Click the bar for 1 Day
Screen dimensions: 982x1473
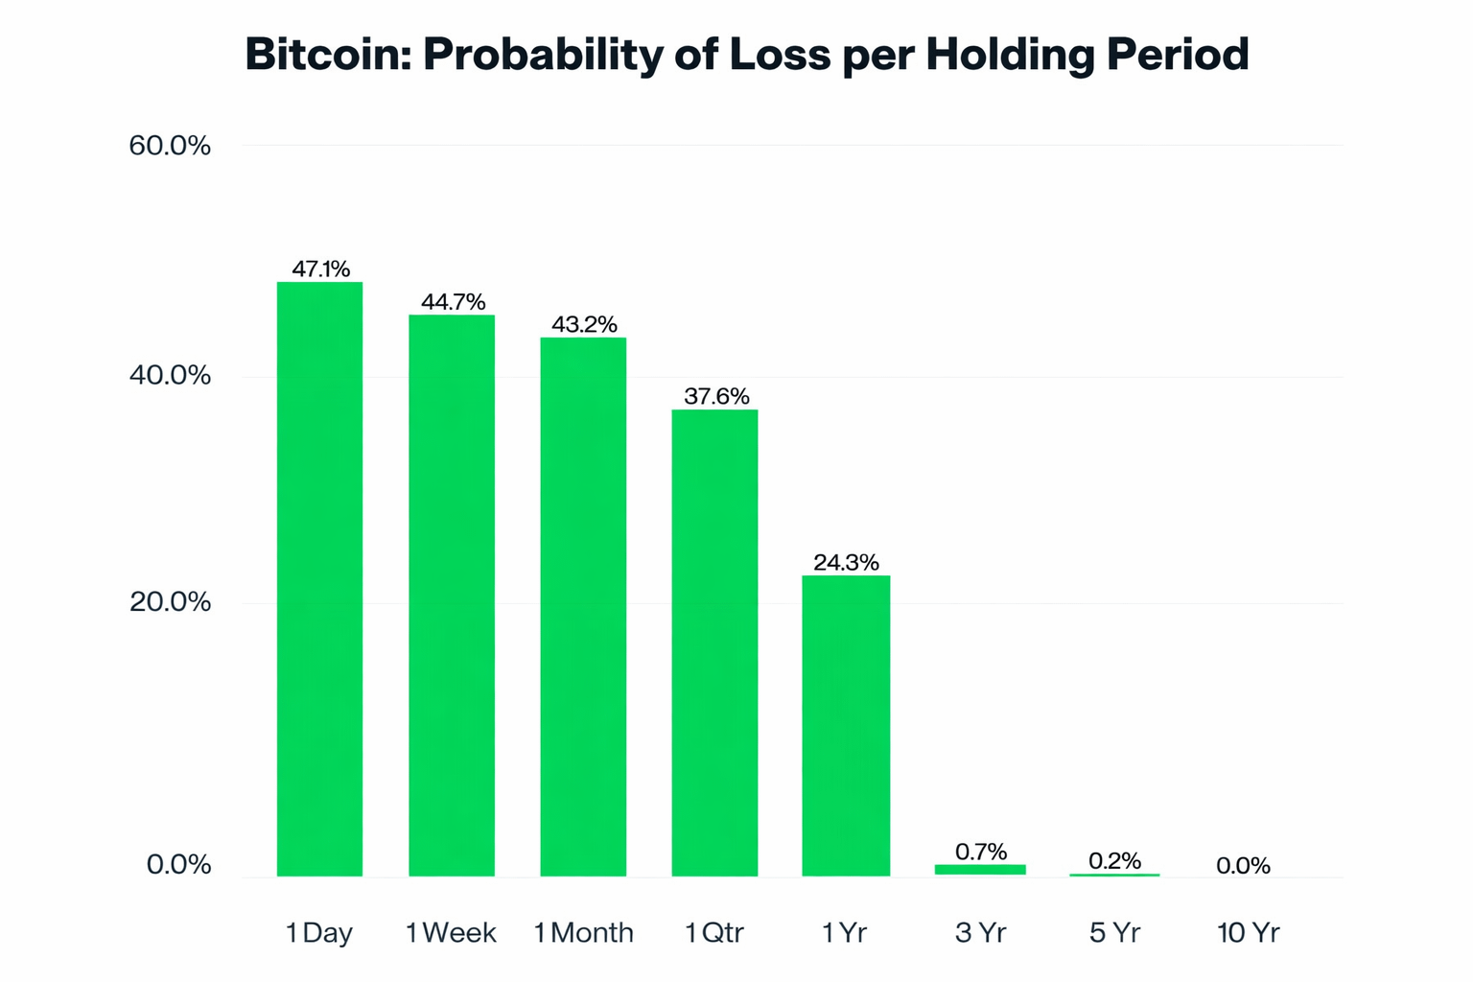pos(319,578)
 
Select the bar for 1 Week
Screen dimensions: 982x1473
pos(452,595)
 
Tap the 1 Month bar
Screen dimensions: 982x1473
pos(583,606)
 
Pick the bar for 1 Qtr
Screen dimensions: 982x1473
pos(714,643)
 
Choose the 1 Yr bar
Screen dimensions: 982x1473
pos(846,725)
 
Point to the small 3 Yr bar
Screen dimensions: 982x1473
pos(980,870)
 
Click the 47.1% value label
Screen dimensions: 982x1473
pos(320,269)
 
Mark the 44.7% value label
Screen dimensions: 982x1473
pos(453,302)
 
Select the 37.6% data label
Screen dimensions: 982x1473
pos(716,396)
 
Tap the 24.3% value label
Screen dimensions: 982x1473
pos(846,562)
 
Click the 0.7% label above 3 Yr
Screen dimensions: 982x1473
pos(981,852)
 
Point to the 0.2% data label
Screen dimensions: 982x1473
pos(1114,860)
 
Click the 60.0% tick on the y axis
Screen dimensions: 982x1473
pos(170,146)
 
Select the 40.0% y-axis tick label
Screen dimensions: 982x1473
pos(170,375)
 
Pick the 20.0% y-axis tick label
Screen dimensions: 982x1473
pos(170,602)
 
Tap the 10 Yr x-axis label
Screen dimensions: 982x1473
pos(1248,932)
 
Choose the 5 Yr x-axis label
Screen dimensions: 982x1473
pos(1114,932)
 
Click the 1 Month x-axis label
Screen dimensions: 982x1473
pos(583,932)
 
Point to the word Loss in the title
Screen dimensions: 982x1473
pos(780,55)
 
